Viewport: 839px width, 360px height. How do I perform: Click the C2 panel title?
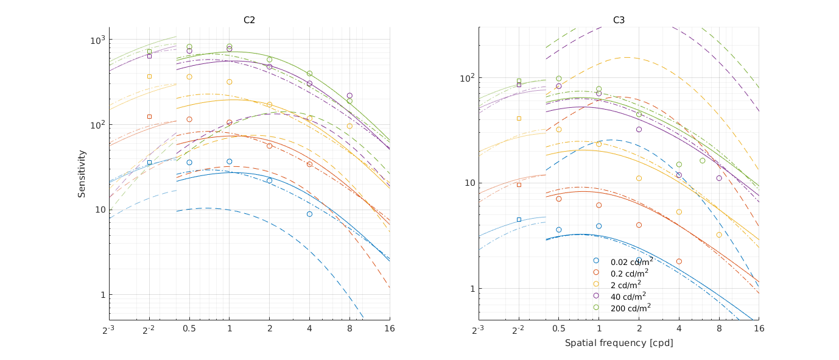[x=249, y=20]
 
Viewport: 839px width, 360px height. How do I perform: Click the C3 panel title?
[x=619, y=20]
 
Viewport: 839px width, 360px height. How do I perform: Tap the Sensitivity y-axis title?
[x=82, y=174]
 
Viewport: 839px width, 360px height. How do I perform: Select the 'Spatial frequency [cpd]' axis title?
[x=619, y=343]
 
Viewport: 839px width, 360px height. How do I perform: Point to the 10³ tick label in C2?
[x=97, y=40]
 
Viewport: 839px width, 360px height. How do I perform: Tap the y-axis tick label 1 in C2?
[x=102, y=295]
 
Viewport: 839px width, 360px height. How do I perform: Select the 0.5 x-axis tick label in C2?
[x=189, y=329]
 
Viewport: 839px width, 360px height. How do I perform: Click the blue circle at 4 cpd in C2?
[x=309, y=214]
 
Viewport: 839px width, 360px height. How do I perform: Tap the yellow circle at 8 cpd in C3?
[x=718, y=235]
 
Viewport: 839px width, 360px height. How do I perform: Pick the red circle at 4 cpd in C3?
[x=679, y=261]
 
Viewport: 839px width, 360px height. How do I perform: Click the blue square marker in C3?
[x=519, y=219]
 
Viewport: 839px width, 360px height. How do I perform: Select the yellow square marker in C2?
[x=149, y=76]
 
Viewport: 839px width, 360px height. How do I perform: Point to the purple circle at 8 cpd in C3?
[x=718, y=178]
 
